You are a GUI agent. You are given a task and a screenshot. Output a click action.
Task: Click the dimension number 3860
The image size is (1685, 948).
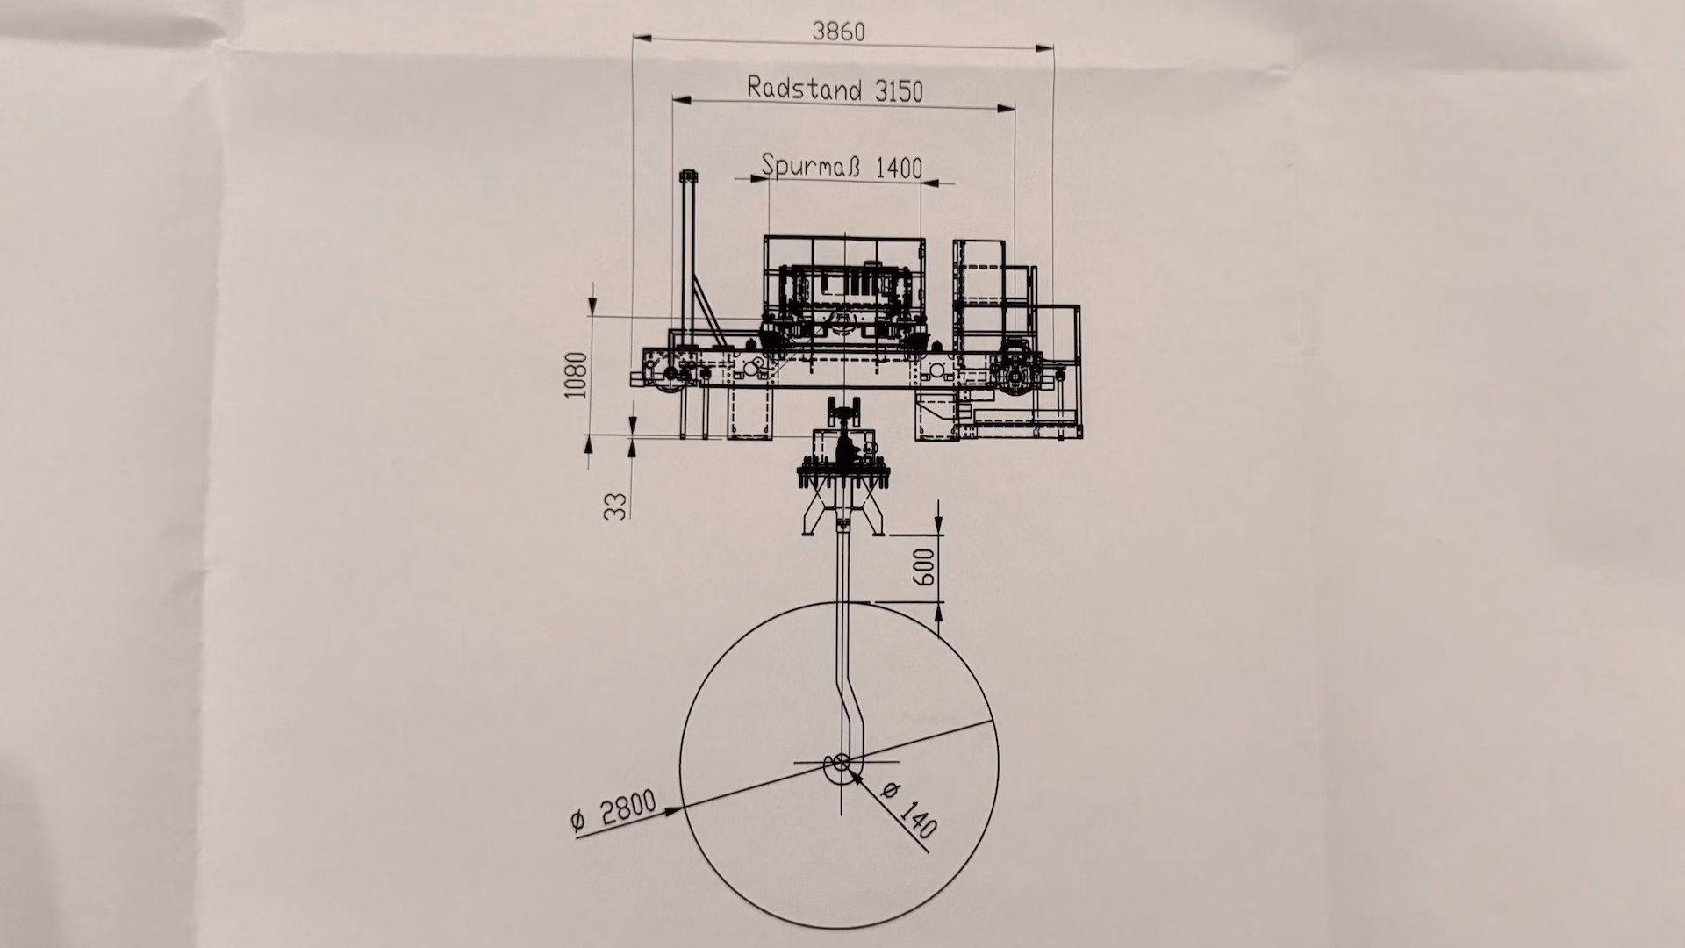click(x=839, y=32)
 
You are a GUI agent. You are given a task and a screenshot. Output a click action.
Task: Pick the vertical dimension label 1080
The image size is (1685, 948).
click(x=576, y=375)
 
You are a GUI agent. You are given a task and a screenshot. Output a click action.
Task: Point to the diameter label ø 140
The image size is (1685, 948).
click(x=909, y=809)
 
